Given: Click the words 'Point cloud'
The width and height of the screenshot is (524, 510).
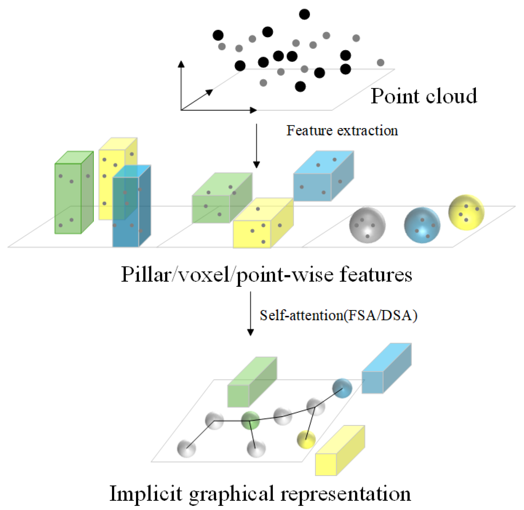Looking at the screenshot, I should pos(423,96).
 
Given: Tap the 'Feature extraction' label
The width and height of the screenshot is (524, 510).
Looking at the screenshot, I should pos(342,131).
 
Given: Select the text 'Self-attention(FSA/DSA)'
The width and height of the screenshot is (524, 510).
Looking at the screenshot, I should pos(338,315).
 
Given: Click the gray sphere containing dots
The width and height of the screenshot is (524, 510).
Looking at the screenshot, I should pos(367,225).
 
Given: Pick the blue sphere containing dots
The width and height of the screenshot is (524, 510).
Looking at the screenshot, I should pos(422,225).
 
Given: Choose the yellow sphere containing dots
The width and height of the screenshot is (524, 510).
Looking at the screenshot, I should pos(466,212).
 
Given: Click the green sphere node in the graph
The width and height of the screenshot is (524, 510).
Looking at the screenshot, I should pos(250,420).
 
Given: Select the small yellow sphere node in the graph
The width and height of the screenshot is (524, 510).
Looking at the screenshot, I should pos(306,439).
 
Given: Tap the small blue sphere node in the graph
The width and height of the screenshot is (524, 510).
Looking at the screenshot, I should pos(342,388).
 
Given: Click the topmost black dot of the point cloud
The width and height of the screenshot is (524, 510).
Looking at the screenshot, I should pos(304,14).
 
